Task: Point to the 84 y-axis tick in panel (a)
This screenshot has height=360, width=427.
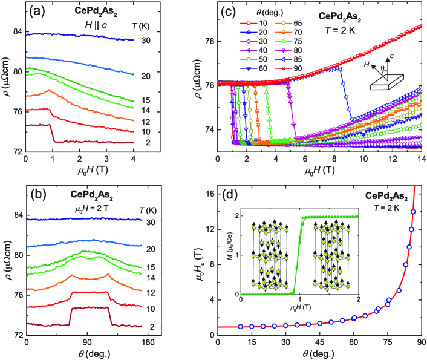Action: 16,31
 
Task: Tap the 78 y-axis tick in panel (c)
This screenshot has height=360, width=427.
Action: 209,42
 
